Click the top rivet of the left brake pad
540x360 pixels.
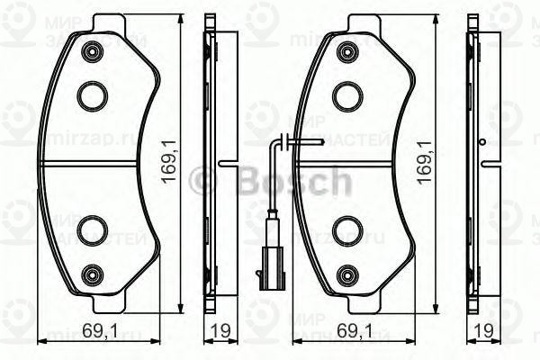[90, 53]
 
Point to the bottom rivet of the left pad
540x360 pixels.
[90, 272]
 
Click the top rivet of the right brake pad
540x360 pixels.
[346, 53]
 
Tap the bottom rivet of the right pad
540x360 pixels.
[346, 272]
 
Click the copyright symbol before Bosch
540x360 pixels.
[206, 183]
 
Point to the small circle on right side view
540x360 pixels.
[483, 141]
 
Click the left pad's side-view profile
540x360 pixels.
[210, 162]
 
